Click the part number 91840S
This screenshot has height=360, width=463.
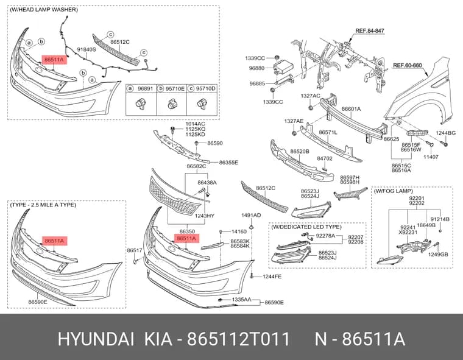pyautogui.click(x=87, y=49)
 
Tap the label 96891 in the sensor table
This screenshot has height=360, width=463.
pyautogui.click(x=146, y=88)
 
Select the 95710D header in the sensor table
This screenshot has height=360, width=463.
pyautogui.click(x=206, y=88)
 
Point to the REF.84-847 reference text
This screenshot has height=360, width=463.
pyautogui.click(x=370, y=30)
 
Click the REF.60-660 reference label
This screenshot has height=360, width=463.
pyautogui.click(x=408, y=65)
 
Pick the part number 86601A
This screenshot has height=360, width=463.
pyautogui.click(x=351, y=109)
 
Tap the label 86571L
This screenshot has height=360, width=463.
pyautogui.click(x=328, y=132)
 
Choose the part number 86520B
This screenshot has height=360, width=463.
pyautogui.click(x=300, y=152)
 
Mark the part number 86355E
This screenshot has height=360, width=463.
pyautogui.click(x=228, y=163)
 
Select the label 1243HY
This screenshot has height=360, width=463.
pyautogui.click(x=204, y=216)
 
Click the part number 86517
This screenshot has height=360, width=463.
pyautogui.click(x=135, y=250)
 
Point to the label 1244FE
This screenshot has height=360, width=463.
pyautogui.click(x=272, y=277)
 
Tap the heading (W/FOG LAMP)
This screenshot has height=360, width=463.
pyautogui.click(x=394, y=191)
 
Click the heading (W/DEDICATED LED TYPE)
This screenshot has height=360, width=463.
pyautogui.click(x=306, y=227)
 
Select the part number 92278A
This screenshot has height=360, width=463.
pyautogui.click(x=325, y=236)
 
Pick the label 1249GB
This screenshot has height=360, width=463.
pyautogui.click(x=438, y=254)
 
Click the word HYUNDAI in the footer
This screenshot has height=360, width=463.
pyautogui.click(x=96, y=339)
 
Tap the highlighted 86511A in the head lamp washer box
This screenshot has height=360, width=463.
pyautogui.click(x=54, y=60)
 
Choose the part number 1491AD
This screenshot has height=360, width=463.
pyautogui.click(x=251, y=215)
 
